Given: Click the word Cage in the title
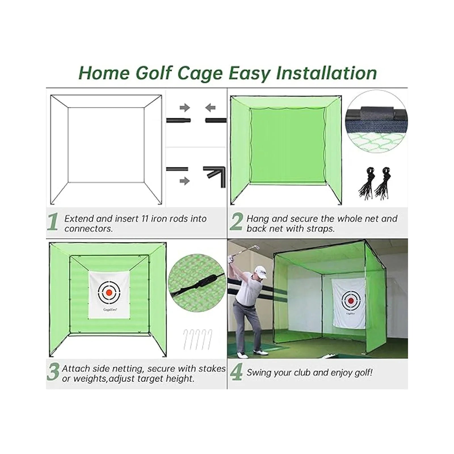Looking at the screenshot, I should coord(200,73).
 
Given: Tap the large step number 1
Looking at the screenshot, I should coord(53,222).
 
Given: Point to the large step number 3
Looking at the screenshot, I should coord(53,372).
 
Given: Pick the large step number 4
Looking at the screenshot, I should coord(236,372).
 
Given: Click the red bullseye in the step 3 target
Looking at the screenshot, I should coord(109,292).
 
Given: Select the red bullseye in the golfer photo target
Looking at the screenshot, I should coord(351,300).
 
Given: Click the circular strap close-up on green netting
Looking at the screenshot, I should coord(196,281).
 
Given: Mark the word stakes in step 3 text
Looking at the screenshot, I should coord(212,369).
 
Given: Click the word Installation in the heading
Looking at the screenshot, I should coord(326,73).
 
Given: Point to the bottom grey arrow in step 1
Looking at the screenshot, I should coord(185,181).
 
